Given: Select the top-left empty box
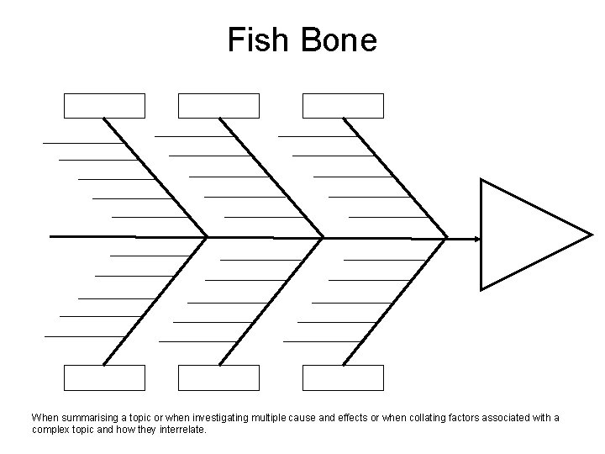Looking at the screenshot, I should (x=105, y=106).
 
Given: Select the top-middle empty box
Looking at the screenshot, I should (x=219, y=106).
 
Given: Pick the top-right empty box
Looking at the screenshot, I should (x=343, y=106).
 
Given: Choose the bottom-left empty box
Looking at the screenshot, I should (x=105, y=378).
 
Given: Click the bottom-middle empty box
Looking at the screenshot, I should (x=219, y=378).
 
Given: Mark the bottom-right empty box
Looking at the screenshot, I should (x=343, y=378).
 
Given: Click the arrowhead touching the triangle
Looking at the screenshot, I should (x=476, y=239).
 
